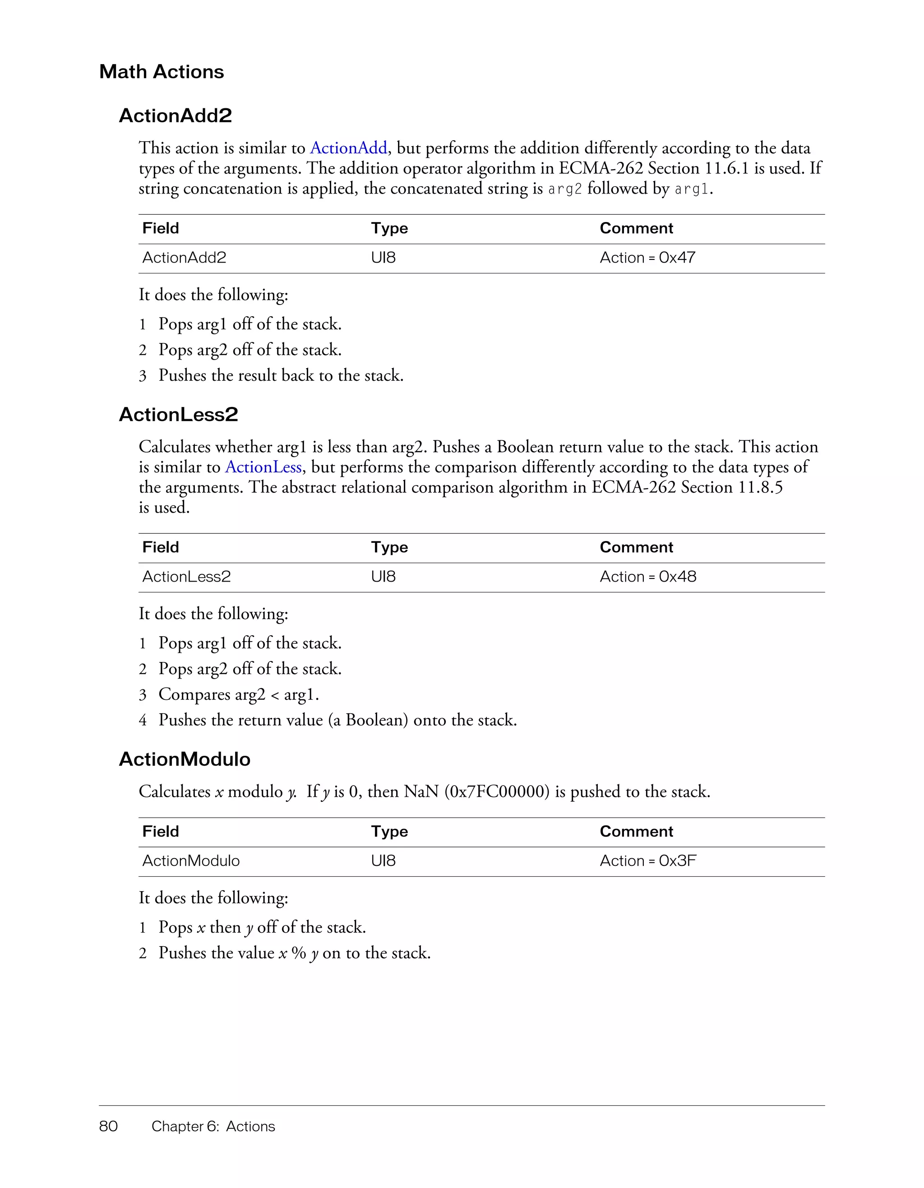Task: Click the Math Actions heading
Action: (x=162, y=72)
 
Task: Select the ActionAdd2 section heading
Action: (x=175, y=116)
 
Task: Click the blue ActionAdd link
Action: (x=349, y=148)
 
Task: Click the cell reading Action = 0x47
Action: (x=647, y=258)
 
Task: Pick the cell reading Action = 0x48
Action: (x=648, y=577)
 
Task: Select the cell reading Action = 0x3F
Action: (x=648, y=860)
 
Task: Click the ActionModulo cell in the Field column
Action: (x=191, y=860)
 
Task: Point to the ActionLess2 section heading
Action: (x=178, y=415)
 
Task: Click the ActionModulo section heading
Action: (x=185, y=759)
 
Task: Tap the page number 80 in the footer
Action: (x=109, y=1126)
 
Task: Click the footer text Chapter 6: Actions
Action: (x=213, y=1126)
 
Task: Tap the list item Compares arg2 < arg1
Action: (x=238, y=695)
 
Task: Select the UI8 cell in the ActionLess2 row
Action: (x=383, y=577)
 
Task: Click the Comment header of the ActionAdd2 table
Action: (x=636, y=228)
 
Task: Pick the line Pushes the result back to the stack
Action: (x=281, y=375)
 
